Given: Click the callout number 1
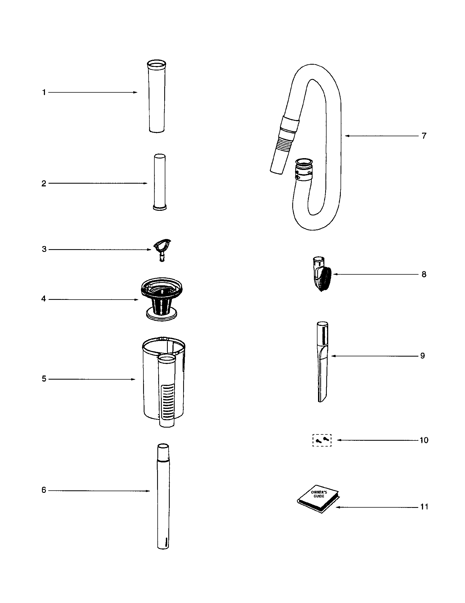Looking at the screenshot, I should click(x=44, y=92).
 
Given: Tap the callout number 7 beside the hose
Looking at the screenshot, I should click(x=424, y=136).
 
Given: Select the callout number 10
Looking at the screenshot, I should click(x=424, y=440).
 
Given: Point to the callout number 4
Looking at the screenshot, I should click(x=43, y=299).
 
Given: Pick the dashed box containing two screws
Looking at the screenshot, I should click(x=322, y=440).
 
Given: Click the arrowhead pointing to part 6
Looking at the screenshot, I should click(x=148, y=491).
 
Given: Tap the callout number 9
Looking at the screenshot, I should click(x=422, y=356).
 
